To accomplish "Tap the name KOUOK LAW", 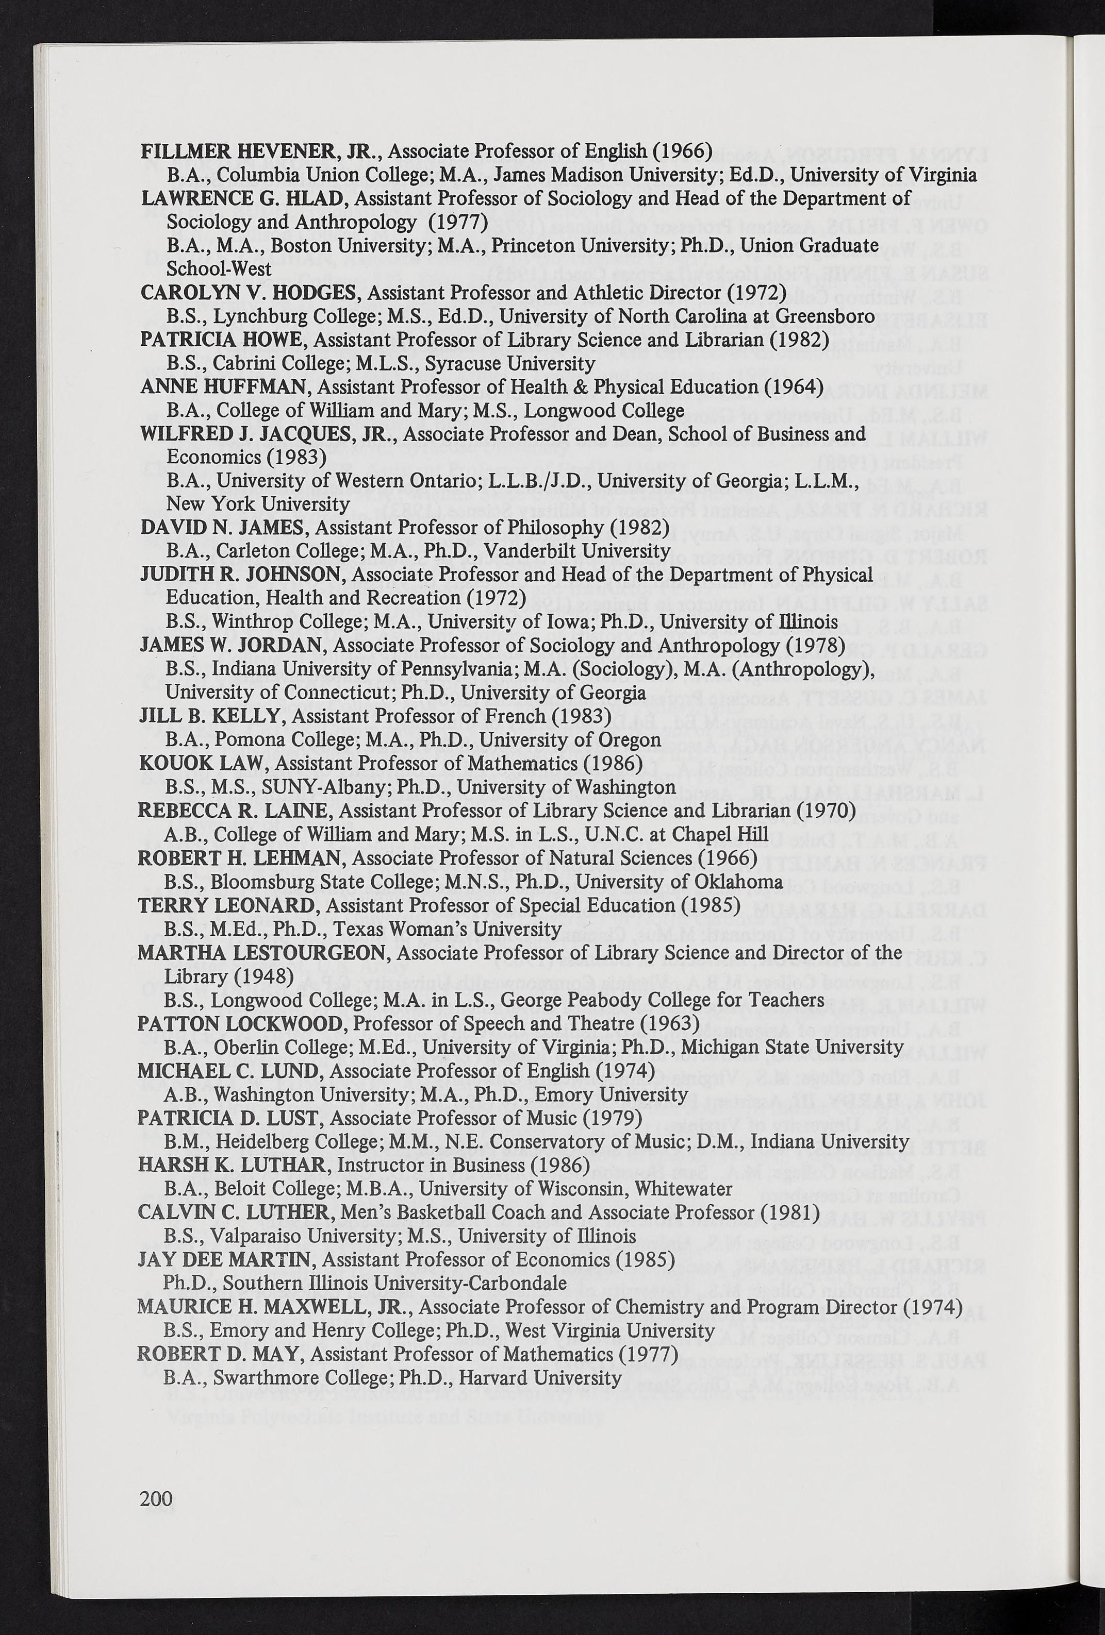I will tap(201, 763).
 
